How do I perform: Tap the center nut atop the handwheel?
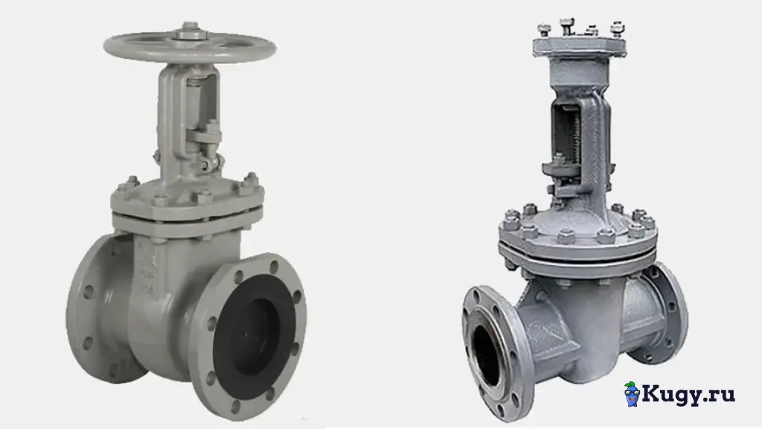[x=190, y=33]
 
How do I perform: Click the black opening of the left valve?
[x=254, y=337]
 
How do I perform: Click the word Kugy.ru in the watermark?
[x=688, y=394]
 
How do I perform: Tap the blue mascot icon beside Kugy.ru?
[x=631, y=394]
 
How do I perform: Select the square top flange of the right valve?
[x=579, y=46]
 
